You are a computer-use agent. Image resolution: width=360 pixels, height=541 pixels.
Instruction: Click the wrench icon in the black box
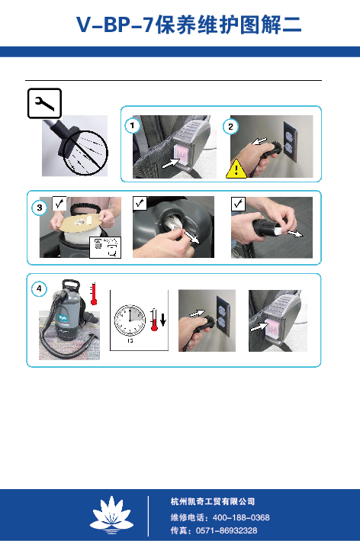click(44, 103)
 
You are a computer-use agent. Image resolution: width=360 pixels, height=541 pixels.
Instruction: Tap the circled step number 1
click(132, 126)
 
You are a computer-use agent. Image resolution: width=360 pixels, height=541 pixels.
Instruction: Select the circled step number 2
click(230, 126)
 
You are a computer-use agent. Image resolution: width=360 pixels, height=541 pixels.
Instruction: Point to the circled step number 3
click(40, 208)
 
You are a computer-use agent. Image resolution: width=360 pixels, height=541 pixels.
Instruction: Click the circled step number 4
click(39, 288)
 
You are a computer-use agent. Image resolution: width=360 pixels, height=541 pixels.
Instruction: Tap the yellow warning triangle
click(236, 169)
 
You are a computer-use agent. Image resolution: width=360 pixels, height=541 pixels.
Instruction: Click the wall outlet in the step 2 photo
click(290, 142)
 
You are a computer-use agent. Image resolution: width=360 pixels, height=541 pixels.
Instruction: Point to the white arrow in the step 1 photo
click(171, 163)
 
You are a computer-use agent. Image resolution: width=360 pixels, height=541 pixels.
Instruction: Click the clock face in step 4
click(130, 320)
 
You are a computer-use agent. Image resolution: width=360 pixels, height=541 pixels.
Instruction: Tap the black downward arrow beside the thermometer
click(163, 318)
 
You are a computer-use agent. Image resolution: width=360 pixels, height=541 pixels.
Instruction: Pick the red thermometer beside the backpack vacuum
click(94, 294)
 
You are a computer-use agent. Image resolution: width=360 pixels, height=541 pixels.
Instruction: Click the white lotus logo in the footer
click(111, 515)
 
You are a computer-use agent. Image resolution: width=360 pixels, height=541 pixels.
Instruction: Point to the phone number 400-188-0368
click(241, 517)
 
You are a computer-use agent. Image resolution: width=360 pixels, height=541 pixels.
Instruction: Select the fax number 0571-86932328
click(227, 530)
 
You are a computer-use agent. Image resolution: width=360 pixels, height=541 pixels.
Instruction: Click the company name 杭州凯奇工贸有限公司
click(213, 501)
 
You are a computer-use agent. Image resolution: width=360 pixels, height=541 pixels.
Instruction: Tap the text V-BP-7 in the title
click(114, 25)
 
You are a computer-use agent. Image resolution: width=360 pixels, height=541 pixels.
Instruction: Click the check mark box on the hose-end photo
click(238, 204)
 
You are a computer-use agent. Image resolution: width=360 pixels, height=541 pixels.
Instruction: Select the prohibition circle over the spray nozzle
click(85, 153)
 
